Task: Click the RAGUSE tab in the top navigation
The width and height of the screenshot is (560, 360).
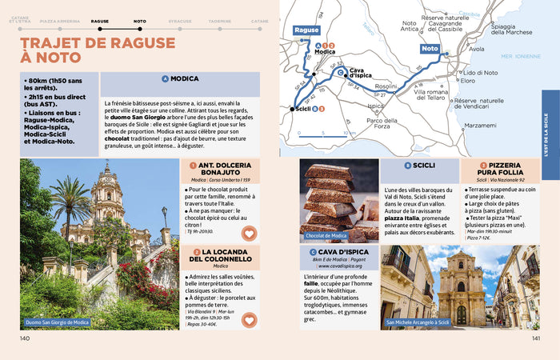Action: [100, 21]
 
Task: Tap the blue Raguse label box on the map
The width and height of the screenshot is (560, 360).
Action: [306, 30]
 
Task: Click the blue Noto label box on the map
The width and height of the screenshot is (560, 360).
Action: [430, 49]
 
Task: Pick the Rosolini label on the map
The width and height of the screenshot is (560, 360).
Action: [387, 86]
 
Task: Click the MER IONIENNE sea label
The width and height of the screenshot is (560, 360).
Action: [520, 56]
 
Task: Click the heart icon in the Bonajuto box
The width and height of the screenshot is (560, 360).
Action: [249, 234]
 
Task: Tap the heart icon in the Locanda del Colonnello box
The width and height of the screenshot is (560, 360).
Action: [249, 320]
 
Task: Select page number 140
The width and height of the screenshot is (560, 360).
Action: [25, 338]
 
